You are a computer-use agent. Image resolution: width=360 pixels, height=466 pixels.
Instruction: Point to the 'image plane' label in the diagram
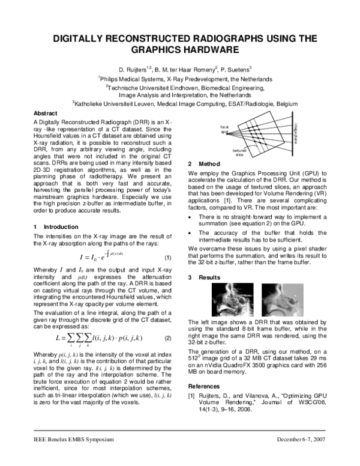click(x=296, y=127)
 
